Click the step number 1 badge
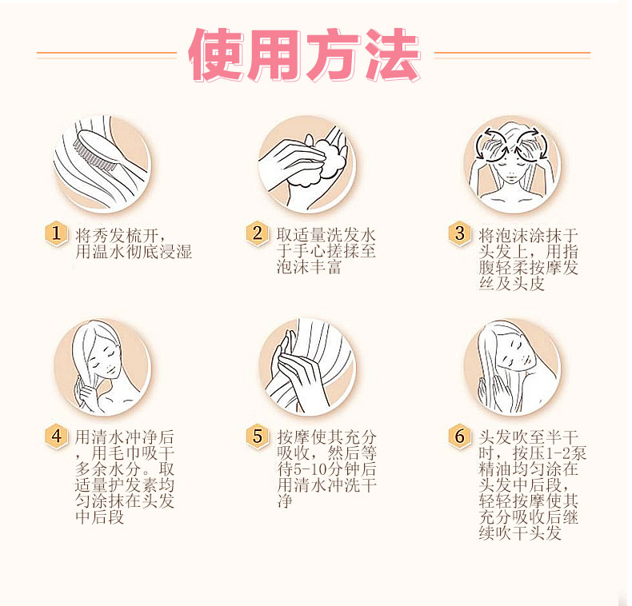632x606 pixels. pyautogui.click(x=56, y=233)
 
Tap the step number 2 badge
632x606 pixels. pyautogui.click(x=257, y=233)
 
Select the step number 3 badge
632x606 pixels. pyautogui.click(x=459, y=233)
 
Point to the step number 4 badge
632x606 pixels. pyautogui.click(x=56, y=436)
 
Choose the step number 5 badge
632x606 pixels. pyautogui.click(x=257, y=436)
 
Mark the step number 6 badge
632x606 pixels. pyautogui.click(x=459, y=436)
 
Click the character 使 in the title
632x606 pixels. pyautogui.click(x=216, y=54)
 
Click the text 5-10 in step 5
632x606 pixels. pyautogui.click(x=310, y=469)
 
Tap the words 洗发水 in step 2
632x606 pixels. pyautogui.click(x=351, y=235)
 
